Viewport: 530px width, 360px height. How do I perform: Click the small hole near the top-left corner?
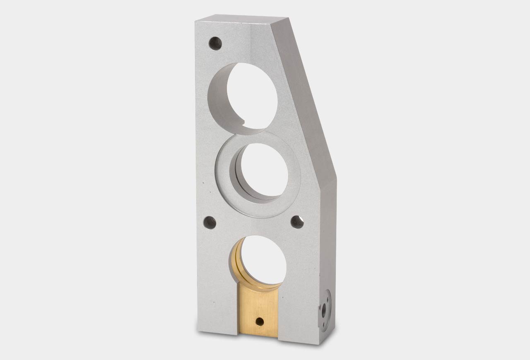pos(215,43)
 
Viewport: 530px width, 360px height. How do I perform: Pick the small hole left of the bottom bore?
pos(211,223)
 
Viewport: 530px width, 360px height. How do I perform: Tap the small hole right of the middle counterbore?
pos(297,222)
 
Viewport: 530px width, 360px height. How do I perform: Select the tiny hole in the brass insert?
pos(260,320)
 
